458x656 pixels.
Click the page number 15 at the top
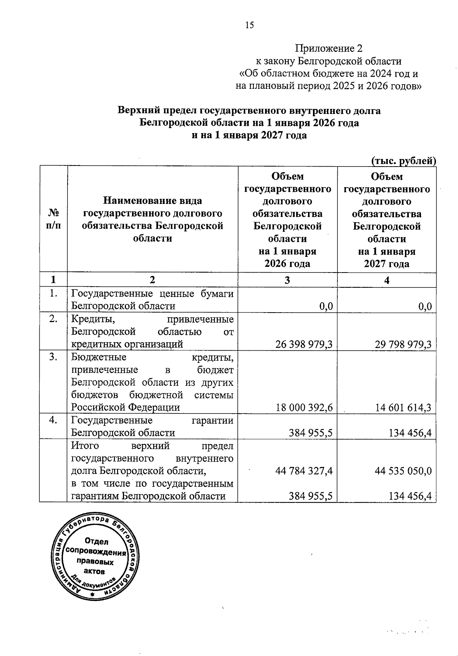pos(249,26)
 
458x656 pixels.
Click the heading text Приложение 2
pos(329,48)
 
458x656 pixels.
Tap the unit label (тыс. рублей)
pos(403,161)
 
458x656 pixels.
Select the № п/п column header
pos(53,219)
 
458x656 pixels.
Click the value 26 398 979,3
pos(304,345)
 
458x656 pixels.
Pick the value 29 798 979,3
pos(403,345)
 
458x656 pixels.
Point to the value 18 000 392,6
pos(304,408)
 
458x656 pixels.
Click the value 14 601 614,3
pos(403,408)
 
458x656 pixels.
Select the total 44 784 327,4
pos(304,471)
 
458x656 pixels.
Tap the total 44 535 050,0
pos(403,471)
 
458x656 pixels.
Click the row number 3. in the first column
pos(53,358)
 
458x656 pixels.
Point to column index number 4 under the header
pos(387,280)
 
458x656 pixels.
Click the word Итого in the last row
pos(85,446)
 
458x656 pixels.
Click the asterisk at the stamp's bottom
pos(91,594)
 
